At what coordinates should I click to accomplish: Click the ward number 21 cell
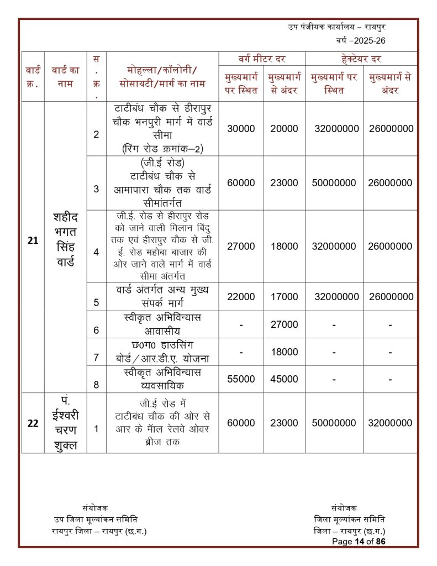click(33, 241)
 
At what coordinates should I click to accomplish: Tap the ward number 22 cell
click(33, 423)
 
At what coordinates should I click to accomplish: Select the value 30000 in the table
click(241, 128)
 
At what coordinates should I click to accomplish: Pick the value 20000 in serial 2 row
click(284, 128)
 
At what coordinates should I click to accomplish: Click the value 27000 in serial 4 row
click(241, 247)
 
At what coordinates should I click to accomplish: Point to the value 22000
click(241, 297)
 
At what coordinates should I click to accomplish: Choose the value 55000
click(241, 379)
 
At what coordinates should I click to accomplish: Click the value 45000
click(284, 379)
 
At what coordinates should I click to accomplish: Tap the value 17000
click(284, 297)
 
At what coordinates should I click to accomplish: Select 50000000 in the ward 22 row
click(334, 423)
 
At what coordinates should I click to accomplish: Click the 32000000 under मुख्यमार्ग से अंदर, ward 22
click(390, 423)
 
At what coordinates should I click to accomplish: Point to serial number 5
click(96, 302)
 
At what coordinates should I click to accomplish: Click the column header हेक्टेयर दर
click(361, 59)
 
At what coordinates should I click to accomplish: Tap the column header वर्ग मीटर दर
click(262, 59)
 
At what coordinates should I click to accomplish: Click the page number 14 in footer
click(361, 541)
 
